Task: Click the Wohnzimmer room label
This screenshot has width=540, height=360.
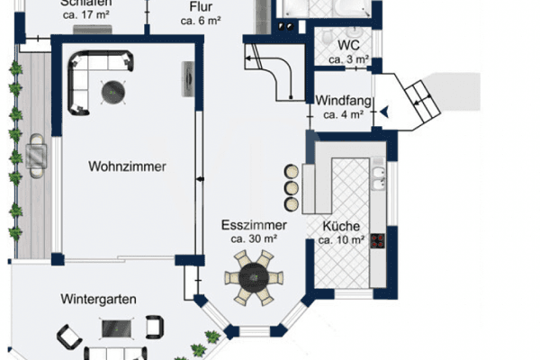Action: [x=128, y=166]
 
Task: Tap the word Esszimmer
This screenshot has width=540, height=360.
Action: [x=258, y=225]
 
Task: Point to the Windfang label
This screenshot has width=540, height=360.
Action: [x=342, y=101]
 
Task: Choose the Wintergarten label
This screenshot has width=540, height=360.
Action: [x=98, y=298]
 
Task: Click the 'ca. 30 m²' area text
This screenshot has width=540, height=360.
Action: [x=253, y=239]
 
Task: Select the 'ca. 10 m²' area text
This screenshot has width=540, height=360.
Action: [x=342, y=240]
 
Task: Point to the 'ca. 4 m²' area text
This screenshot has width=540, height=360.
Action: [x=343, y=114]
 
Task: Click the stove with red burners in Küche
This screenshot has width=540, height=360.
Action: [x=378, y=240]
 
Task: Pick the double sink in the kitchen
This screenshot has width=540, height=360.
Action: [x=379, y=175]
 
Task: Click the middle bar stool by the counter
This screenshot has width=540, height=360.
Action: [x=291, y=187]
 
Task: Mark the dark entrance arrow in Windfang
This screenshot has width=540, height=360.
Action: [x=384, y=111]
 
